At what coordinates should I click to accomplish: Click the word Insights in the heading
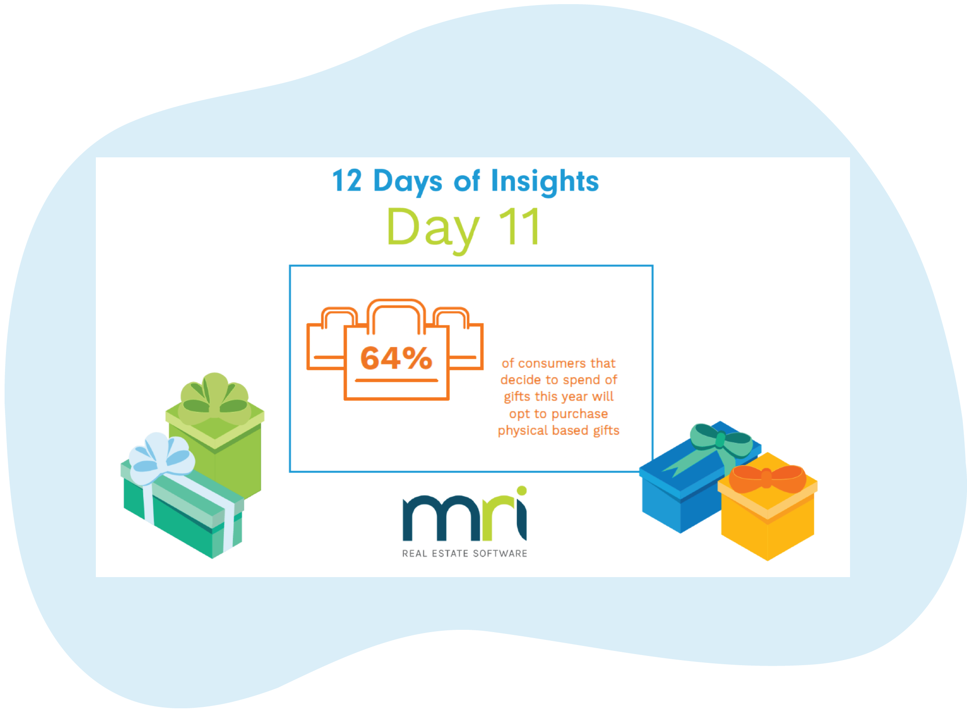tap(545, 181)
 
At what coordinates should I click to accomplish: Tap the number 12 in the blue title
tap(347, 181)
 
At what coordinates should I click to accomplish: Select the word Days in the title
tap(408, 182)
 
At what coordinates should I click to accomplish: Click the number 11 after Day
tap(519, 227)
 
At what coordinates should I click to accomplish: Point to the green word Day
tap(433, 228)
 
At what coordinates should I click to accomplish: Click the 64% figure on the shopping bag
tap(396, 358)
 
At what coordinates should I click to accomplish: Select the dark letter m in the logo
tap(440, 518)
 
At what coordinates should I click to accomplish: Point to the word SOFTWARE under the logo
tap(500, 554)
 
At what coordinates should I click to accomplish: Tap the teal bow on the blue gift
tap(721, 440)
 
